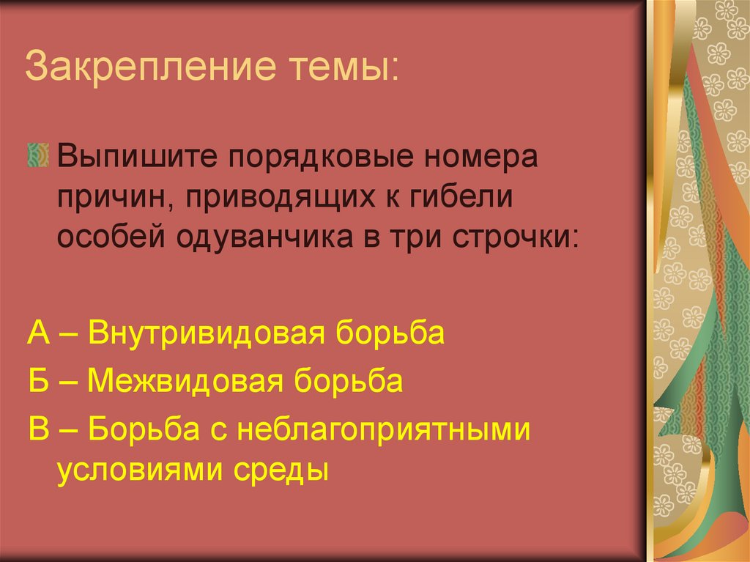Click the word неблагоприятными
click(382, 430)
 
